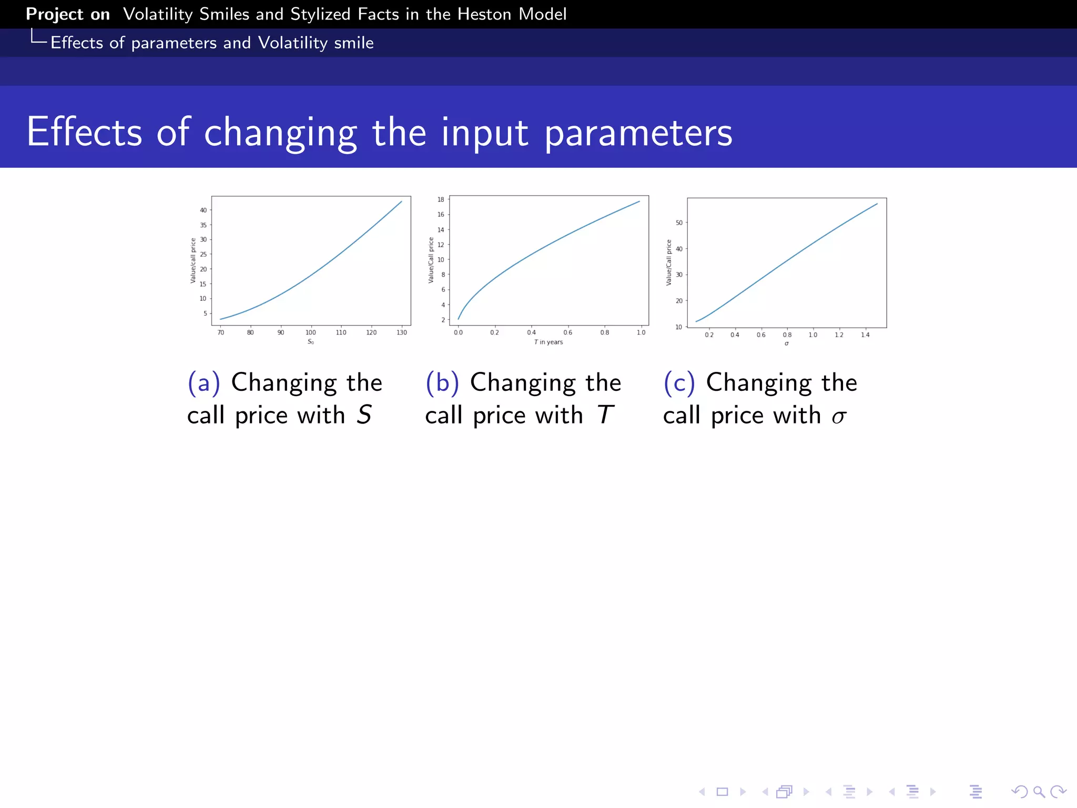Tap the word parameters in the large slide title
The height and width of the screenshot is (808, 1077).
tap(638, 133)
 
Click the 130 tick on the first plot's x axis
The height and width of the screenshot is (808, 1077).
tap(402, 332)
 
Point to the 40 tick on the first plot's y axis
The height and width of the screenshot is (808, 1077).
tap(203, 210)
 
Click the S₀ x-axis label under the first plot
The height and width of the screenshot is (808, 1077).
tap(311, 342)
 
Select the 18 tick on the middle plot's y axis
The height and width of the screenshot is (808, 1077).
tap(441, 199)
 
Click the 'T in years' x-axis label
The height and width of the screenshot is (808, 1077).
tap(548, 342)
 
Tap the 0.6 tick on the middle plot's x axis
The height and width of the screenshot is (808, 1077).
tap(568, 332)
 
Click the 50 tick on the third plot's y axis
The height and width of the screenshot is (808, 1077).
tap(679, 223)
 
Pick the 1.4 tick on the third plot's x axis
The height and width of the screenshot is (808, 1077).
tap(865, 335)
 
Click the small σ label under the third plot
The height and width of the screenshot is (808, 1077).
tap(787, 344)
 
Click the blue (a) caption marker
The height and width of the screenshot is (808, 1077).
tap(204, 382)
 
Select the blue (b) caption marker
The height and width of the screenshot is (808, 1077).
tap(442, 382)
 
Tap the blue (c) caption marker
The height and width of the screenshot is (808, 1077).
tap(679, 382)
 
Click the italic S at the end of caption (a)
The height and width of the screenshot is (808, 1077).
tap(364, 415)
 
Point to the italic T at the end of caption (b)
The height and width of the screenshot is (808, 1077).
tap(605, 415)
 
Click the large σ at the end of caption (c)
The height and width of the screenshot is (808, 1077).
tap(839, 417)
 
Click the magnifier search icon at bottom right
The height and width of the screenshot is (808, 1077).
tap(1039, 792)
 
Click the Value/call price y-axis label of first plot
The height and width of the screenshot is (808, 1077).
tap(193, 261)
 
